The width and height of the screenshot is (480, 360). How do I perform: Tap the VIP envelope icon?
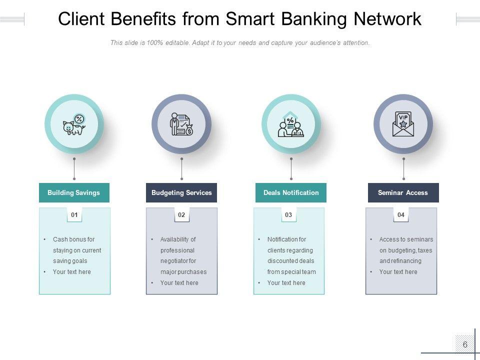point(403,124)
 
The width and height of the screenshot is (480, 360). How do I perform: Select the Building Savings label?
point(74,192)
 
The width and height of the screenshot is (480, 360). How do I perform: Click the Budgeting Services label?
point(181,192)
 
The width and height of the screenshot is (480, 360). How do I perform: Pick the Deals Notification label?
point(291,192)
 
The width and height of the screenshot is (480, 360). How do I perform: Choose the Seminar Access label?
point(403,192)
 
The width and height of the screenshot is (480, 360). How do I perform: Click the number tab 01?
point(74,215)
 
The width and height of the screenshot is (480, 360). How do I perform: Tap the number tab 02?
point(181,215)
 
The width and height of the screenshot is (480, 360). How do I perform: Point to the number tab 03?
point(288,215)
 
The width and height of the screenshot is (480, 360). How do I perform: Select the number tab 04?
point(401,215)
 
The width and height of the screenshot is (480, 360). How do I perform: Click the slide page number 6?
point(465,344)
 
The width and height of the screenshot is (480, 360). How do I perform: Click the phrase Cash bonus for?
point(73,239)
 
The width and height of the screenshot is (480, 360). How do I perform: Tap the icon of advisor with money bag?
point(181,124)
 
